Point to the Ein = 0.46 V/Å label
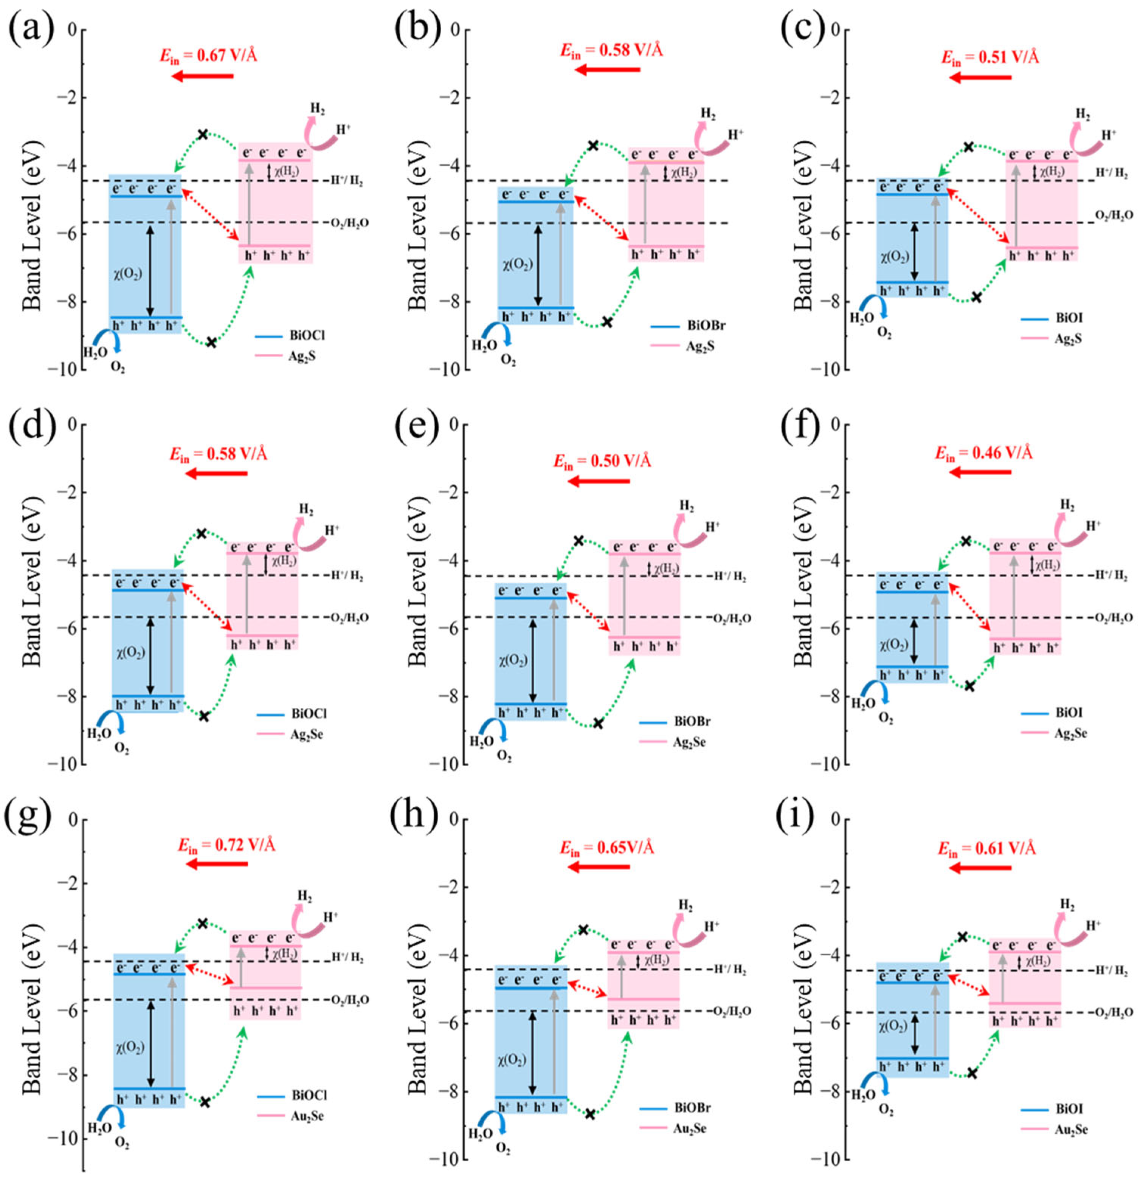tap(983, 453)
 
